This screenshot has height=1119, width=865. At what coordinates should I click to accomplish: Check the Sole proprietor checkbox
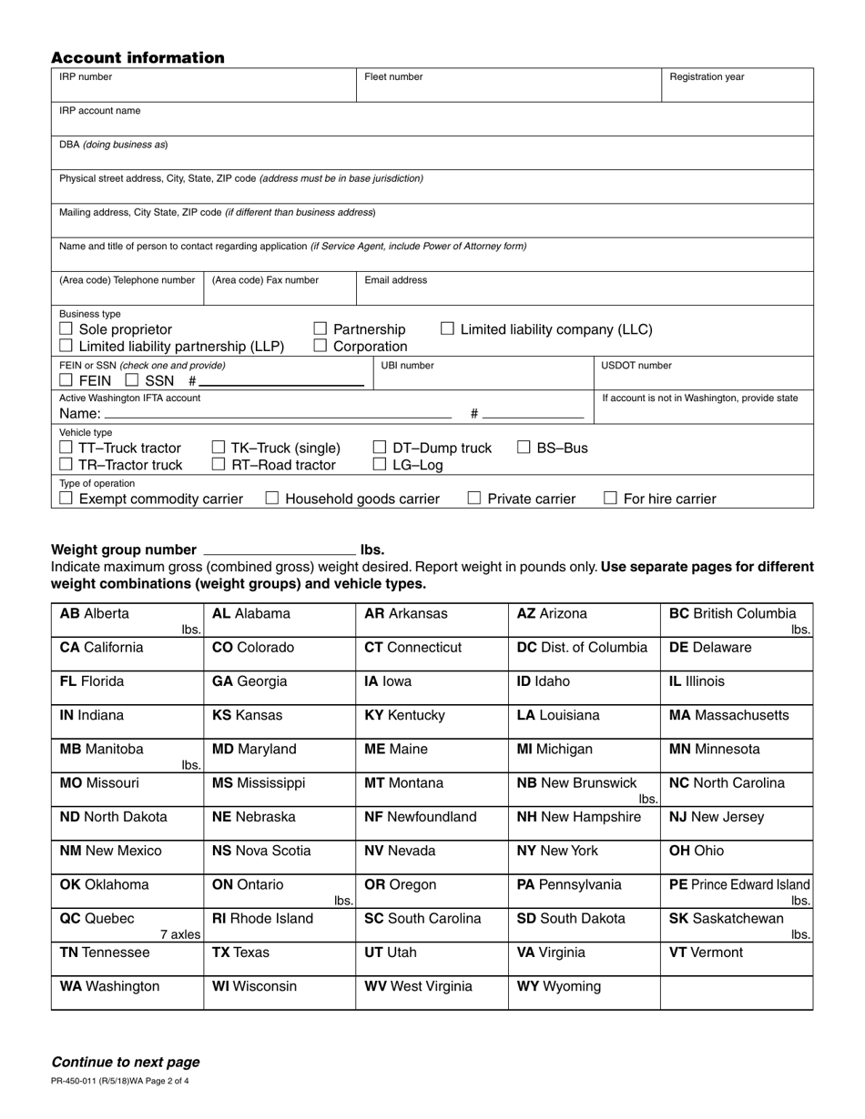[66, 329]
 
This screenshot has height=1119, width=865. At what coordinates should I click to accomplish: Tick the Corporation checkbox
[321, 347]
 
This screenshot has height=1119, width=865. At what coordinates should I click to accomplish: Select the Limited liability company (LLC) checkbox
[447, 329]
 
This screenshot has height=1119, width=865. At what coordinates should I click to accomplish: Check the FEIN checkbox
[66, 380]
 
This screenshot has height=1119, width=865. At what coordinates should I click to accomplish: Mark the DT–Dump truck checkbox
[381, 448]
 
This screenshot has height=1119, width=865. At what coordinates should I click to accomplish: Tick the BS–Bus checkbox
[524, 448]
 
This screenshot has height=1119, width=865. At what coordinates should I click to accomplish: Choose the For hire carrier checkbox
[611, 499]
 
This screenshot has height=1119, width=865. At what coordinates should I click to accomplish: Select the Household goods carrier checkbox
[272, 499]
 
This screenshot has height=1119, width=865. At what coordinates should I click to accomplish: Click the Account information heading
[137, 58]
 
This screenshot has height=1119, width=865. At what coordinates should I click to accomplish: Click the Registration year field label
[707, 77]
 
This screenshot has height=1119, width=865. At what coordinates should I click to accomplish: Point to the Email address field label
[395, 280]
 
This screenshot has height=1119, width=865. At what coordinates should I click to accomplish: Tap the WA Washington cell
[127, 993]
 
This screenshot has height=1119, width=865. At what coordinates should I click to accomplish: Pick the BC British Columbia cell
[736, 619]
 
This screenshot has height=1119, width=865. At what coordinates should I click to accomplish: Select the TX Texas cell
[279, 958]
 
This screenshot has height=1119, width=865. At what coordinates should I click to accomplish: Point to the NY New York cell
[584, 856]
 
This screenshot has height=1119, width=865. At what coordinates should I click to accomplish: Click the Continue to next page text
[126, 1062]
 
